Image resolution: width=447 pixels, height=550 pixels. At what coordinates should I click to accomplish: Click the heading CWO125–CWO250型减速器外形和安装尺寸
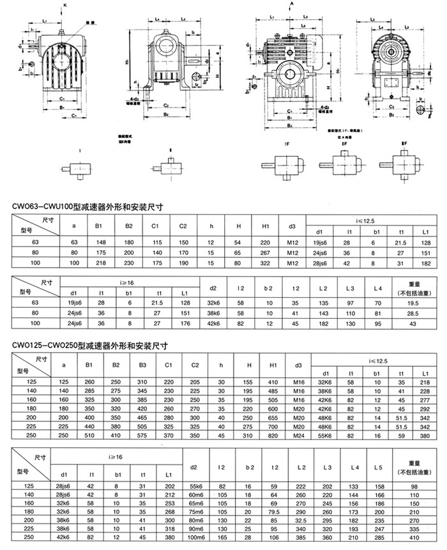point(89,347)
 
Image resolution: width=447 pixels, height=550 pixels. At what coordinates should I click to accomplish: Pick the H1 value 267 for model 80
point(266,253)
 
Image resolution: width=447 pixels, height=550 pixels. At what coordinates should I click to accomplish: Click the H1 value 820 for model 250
point(272,434)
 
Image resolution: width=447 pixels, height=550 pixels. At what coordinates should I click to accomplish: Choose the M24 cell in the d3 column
point(297,434)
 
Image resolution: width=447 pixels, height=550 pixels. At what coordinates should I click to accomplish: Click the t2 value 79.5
point(275,512)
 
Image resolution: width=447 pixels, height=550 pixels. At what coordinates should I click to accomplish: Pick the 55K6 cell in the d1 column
point(325,434)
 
